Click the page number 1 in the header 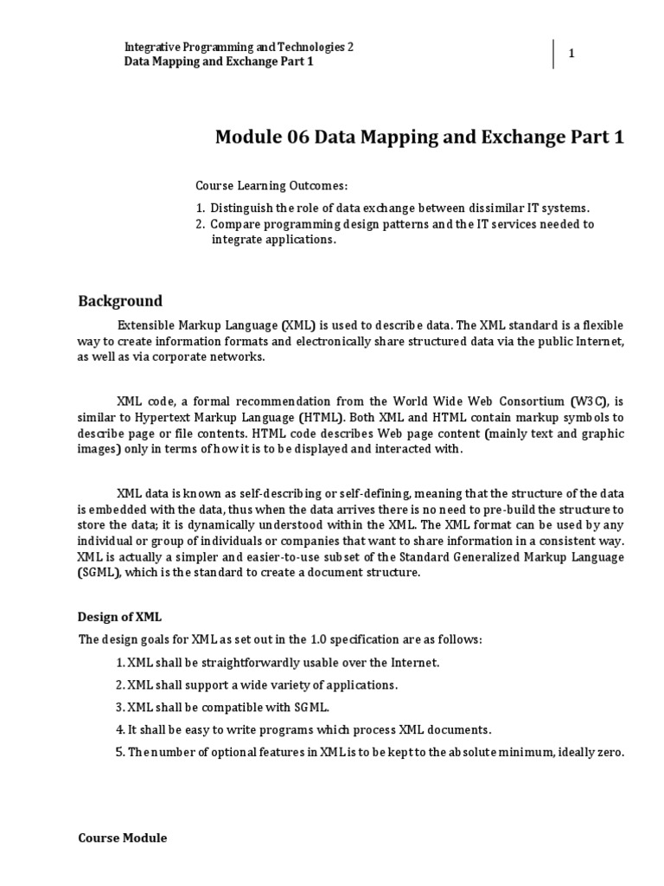(571, 55)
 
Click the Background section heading (120, 301)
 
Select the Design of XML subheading (120, 617)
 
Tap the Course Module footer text (123, 838)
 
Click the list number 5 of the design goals (120, 752)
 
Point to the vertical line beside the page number (553, 54)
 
